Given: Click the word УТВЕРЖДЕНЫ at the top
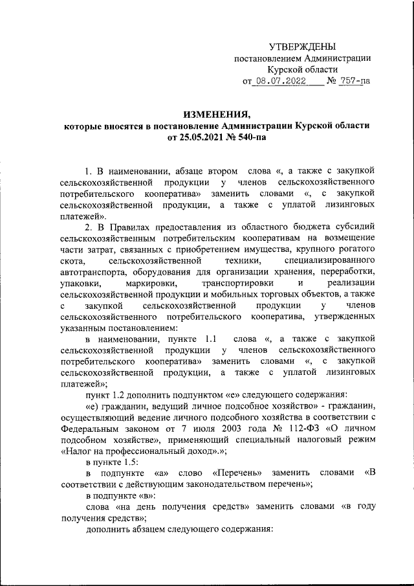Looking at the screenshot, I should click(x=302, y=46).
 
